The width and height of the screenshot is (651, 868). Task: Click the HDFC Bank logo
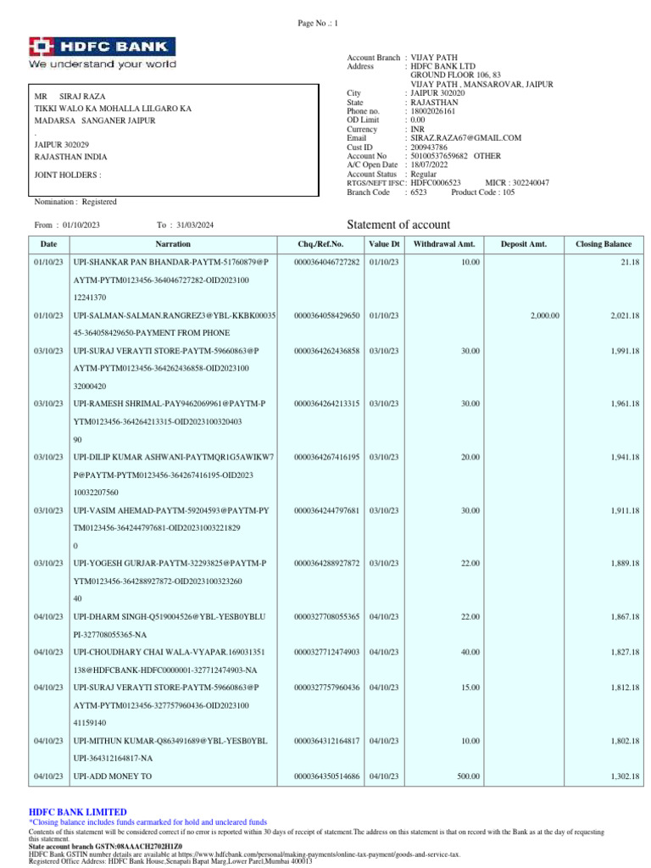tap(103, 52)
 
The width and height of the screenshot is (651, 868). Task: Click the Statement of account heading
tap(398, 224)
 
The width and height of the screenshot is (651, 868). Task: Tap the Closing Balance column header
tap(604, 244)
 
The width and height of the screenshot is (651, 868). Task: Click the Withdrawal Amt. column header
tap(445, 244)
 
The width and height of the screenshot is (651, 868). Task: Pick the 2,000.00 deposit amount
tap(544, 315)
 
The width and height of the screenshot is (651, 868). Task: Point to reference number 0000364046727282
tap(326, 263)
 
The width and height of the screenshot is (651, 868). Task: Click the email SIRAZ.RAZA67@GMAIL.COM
tap(465, 137)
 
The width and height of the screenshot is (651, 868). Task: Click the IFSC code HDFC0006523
tap(435, 183)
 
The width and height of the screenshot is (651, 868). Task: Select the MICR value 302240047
tap(528, 183)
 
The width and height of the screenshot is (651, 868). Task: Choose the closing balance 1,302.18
tap(625, 776)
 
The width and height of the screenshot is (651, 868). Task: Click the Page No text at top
tap(318, 23)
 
